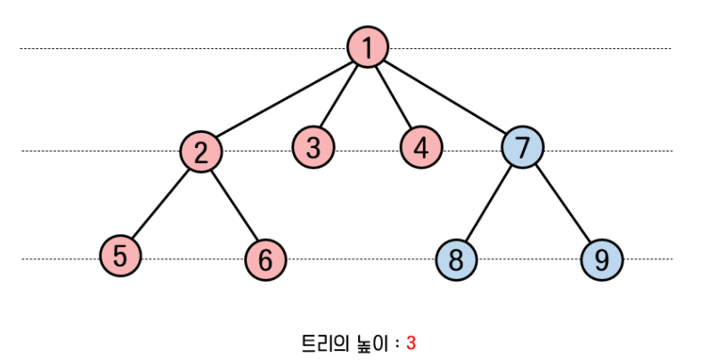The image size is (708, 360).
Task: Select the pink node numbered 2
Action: click(x=201, y=151)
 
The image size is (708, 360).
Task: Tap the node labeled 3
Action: click(x=313, y=145)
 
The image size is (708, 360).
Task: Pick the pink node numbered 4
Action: click(x=421, y=146)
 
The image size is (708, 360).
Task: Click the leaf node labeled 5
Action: click(x=119, y=256)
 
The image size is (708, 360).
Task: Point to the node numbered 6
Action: click(x=265, y=259)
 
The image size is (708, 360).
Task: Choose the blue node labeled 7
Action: click(x=522, y=146)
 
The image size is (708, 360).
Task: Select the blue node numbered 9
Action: click(x=602, y=259)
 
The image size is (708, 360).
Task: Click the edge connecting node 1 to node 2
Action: click(x=283, y=100)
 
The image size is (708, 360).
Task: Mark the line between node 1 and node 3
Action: click(x=340, y=95)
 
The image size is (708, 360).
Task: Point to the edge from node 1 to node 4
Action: click(x=394, y=96)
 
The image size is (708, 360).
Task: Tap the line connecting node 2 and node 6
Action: click(x=233, y=205)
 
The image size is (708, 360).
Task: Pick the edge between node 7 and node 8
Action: click(x=489, y=203)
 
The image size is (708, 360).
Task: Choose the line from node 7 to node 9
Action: click(x=562, y=203)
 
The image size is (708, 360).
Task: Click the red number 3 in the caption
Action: click(x=411, y=342)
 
